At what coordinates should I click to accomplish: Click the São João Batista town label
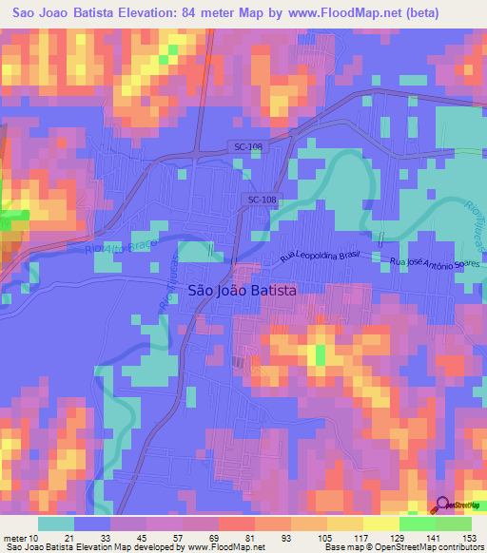[x=243, y=291]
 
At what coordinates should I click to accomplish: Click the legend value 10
[x=37, y=537]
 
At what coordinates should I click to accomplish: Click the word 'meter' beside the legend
[x=16, y=537]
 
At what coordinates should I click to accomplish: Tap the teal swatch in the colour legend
[x=55, y=524]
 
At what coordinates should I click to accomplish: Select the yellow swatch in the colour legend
[x=380, y=524]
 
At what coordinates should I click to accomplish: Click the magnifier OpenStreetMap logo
[x=443, y=505]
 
